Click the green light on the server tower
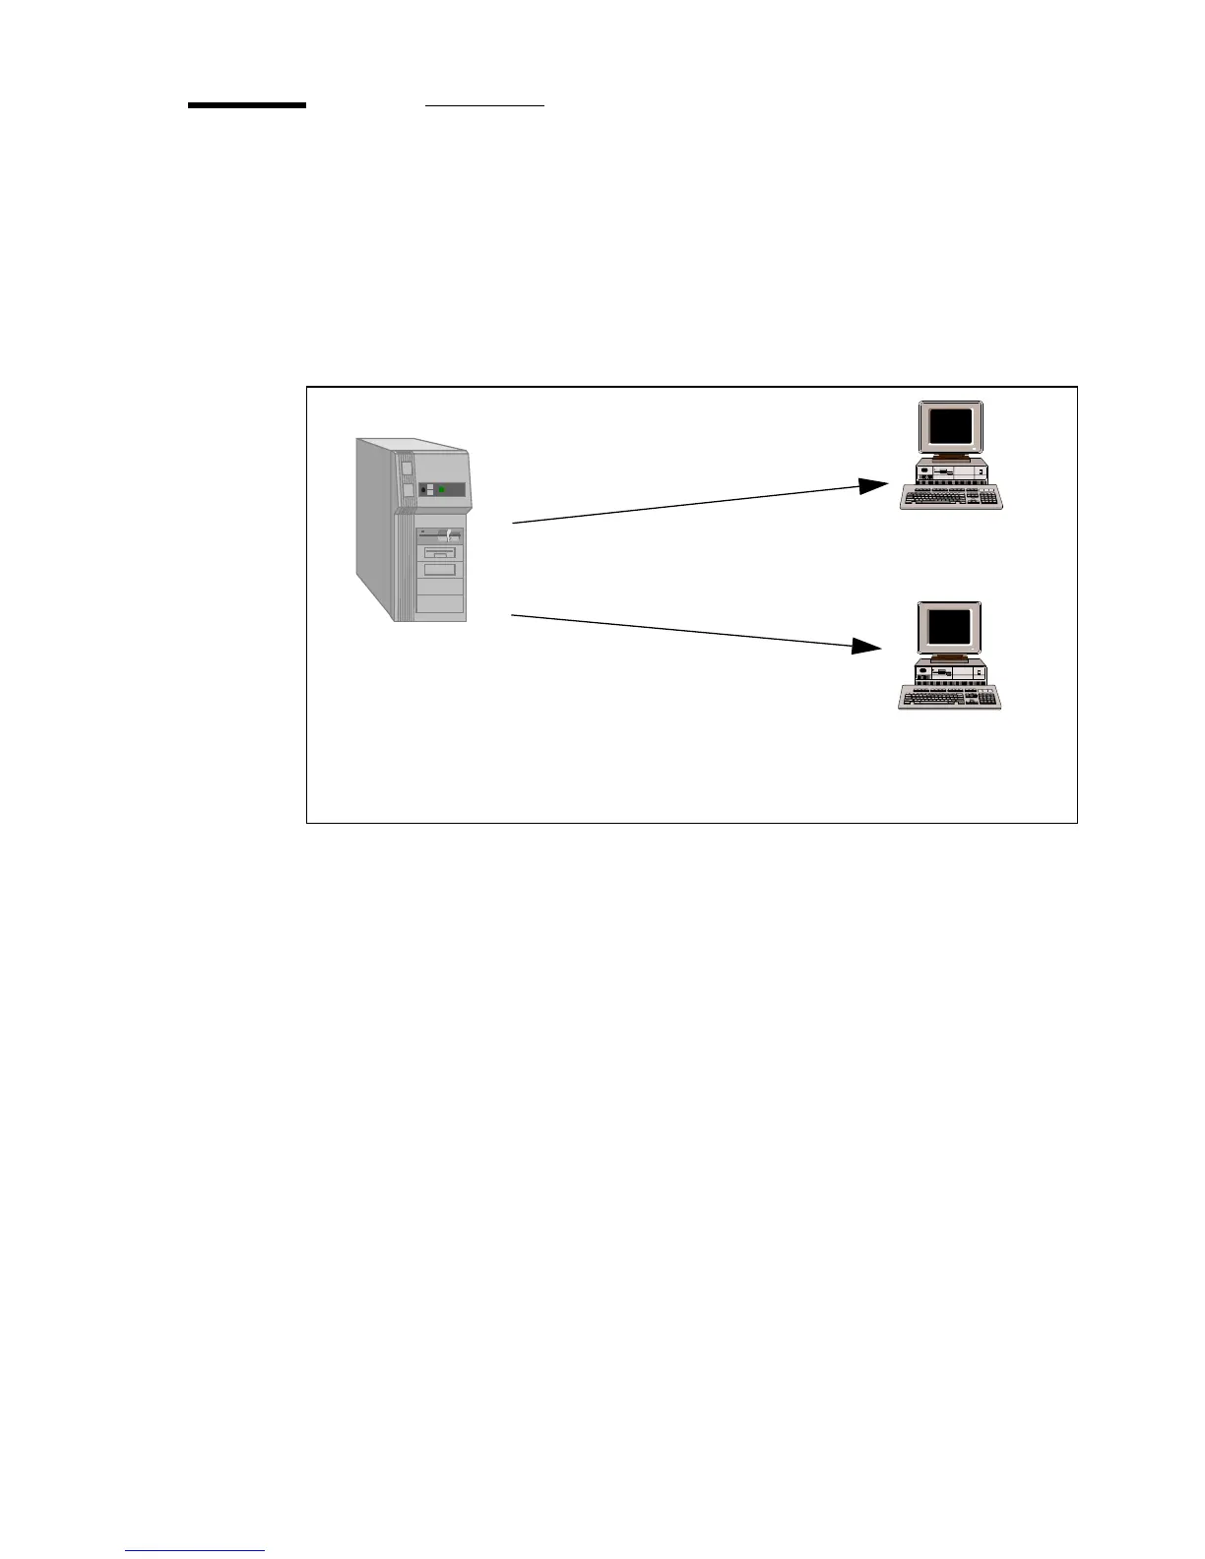point(442,489)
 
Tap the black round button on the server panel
point(424,489)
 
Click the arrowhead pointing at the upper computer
point(872,485)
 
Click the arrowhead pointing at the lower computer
point(866,646)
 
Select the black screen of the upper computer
point(950,426)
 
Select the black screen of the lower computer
point(949,626)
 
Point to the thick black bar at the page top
point(247,104)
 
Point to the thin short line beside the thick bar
point(484,103)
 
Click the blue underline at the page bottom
point(195,1551)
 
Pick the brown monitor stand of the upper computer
point(950,457)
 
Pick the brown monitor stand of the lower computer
point(949,656)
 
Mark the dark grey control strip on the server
point(441,489)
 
